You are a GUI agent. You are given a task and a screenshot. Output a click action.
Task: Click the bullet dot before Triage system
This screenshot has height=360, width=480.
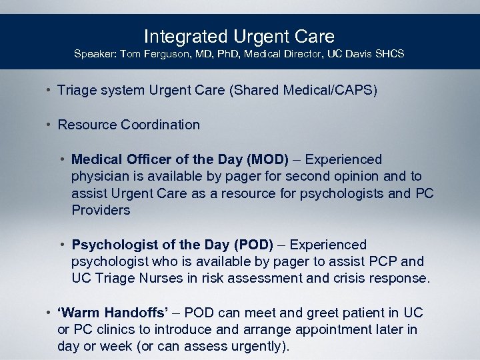pos(49,89)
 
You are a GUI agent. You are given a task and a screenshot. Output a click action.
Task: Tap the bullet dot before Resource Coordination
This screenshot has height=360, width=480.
pos(49,125)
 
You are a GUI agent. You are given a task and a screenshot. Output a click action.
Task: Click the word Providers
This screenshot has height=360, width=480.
pos(101,210)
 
